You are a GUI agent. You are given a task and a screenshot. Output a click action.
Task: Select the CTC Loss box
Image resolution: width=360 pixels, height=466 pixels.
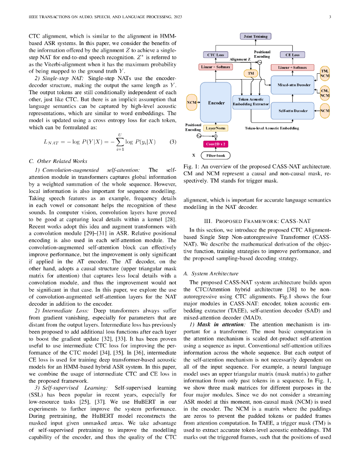click(216, 55)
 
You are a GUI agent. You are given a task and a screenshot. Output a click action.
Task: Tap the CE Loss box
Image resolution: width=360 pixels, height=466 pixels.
click(292, 55)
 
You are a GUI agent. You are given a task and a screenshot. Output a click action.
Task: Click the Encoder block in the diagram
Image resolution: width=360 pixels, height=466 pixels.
click(216, 103)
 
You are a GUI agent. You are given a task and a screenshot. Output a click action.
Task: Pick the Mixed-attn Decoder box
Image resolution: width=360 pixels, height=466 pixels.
click(294, 85)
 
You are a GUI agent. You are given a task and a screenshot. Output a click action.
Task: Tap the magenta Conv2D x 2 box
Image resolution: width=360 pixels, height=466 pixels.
click(216, 144)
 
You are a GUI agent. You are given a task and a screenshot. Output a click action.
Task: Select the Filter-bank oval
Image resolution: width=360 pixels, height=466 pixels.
click(216, 155)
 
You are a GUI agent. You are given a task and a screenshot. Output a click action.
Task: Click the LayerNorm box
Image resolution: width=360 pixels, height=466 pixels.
click(215, 128)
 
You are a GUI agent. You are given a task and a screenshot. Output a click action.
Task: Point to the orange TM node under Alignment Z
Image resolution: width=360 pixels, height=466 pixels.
click(250, 73)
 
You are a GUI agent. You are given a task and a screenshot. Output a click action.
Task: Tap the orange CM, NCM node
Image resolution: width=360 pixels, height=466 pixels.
click(325, 93)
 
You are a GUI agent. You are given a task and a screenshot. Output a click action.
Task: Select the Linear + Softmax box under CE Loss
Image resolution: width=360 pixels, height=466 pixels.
click(292, 67)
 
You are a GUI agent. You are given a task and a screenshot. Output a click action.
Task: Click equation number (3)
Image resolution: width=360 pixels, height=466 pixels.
click(173, 142)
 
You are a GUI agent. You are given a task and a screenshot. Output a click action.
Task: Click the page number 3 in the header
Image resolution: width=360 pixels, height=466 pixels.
click(329, 17)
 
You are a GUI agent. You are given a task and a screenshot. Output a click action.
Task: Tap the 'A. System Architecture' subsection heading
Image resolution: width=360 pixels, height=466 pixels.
click(210, 274)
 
